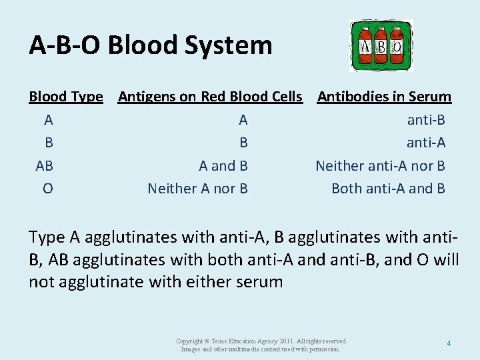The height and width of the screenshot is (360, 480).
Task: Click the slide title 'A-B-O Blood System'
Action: (151, 45)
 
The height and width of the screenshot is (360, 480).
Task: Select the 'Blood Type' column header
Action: (66, 97)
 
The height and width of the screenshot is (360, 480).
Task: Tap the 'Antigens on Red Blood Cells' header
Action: (210, 97)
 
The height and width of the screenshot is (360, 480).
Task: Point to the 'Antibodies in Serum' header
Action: (384, 97)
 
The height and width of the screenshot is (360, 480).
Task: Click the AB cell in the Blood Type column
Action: (45, 165)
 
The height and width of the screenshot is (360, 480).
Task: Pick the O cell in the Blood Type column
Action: (47, 189)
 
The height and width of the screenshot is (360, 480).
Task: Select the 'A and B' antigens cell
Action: (223, 165)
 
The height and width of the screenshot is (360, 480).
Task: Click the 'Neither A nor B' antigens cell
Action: (197, 189)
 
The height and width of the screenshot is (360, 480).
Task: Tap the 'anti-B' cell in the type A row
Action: (426, 120)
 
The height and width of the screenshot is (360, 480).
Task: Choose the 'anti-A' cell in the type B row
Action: (426, 143)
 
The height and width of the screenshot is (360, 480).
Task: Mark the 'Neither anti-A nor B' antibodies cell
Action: (380, 165)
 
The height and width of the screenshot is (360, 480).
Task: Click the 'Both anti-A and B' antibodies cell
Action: (388, 189)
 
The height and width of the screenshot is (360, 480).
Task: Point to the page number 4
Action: (449, 343)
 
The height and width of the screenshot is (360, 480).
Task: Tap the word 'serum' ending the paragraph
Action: (261, 282)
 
